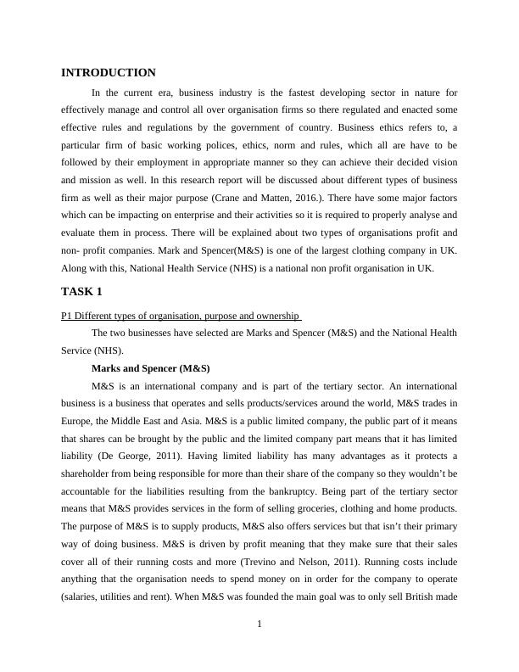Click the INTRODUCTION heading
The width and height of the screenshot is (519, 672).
[x=109, y=73]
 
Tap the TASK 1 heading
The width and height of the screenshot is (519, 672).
[x=81, y=292]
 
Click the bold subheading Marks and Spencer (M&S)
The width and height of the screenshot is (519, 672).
[x=150, y=368]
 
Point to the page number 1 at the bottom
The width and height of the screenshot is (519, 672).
[x=259, y=625]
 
